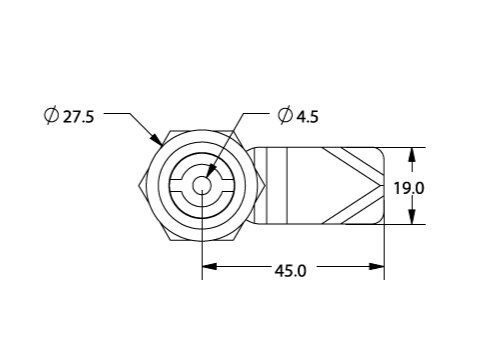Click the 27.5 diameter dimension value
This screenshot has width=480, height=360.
79,117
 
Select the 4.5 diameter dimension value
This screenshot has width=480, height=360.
308,117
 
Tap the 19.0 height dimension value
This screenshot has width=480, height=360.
409,188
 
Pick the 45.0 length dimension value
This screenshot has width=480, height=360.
290,271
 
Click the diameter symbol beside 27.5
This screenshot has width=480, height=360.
52,116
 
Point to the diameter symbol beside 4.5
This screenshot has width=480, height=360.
285,116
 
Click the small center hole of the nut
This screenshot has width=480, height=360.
202,185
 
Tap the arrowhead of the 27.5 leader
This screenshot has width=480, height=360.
157,140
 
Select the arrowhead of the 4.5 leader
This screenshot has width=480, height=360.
211,171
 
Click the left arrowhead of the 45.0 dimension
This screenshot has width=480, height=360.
209,267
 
